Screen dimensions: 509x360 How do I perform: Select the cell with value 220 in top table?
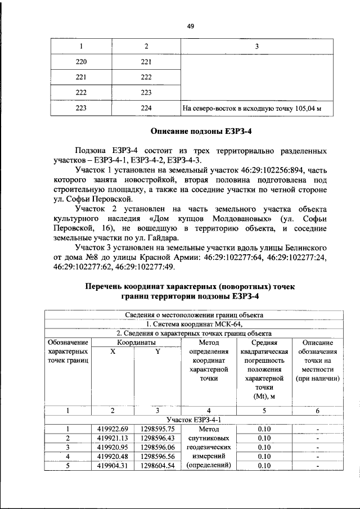[82, 61]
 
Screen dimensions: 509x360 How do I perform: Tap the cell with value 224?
[146, 109]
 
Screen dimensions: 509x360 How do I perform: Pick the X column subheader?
[112, 352]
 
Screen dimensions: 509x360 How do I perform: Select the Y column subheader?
[158, 352]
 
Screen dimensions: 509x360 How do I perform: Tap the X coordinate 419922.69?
[112, 430]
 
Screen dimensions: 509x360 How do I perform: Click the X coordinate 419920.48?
[112, 457]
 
